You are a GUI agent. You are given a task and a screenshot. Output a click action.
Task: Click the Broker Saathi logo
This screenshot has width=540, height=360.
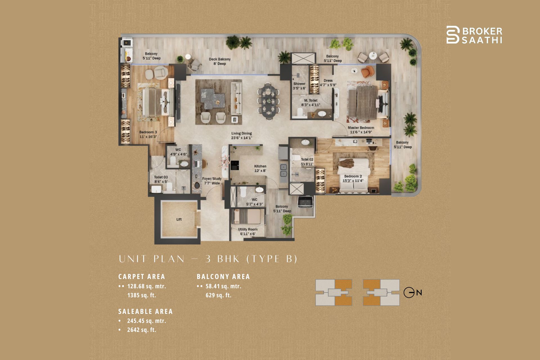[474, 35]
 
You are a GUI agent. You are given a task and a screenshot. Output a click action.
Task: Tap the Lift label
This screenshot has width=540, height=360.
[179, 219]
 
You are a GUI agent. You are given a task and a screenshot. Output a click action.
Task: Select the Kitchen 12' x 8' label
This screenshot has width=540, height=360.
[260, 168]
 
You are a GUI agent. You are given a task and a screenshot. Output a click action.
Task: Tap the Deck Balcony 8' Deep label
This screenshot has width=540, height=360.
[220, 61]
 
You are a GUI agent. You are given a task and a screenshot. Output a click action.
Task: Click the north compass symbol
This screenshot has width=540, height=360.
[412, 293]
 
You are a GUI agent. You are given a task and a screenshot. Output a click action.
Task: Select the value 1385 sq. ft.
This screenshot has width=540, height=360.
[141, 295]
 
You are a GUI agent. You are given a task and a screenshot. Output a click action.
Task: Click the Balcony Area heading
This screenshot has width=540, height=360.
[223, 277]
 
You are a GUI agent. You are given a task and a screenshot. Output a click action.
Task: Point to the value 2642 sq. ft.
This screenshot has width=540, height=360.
[141, 330]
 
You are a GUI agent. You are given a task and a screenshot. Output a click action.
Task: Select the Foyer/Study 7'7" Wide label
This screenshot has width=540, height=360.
[212, 181]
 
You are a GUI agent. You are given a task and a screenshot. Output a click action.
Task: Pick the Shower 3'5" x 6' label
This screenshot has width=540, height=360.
[299, 86]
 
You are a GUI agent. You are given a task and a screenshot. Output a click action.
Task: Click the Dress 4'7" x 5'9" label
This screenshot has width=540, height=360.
[328, 83]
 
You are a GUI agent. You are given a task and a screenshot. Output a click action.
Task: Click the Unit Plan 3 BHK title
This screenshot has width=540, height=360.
[208, 259]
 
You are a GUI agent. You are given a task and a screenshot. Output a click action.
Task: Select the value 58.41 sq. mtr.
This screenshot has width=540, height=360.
[223, 286]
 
